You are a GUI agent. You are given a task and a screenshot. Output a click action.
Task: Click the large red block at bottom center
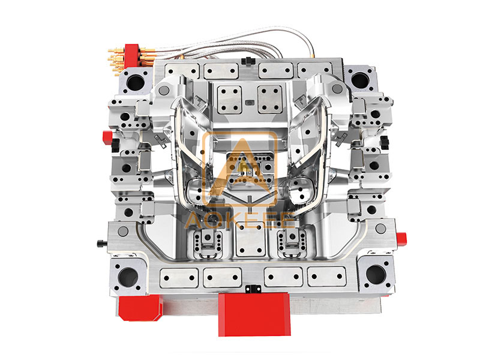tap(254, 314)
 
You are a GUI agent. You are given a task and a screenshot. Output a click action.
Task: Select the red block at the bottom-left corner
tap(140, 308)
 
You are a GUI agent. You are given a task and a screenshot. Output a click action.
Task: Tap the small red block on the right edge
tap(401, 239)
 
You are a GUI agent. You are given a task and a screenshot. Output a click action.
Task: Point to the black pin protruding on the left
tap(102, 244)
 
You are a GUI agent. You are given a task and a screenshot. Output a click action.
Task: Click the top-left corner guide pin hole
tap(135, 82)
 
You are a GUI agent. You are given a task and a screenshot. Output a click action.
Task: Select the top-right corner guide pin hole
tap(361, 80)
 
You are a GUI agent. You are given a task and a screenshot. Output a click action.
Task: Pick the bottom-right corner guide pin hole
tap(376, 274)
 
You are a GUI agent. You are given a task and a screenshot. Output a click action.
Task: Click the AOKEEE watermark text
tap(239, 221)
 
